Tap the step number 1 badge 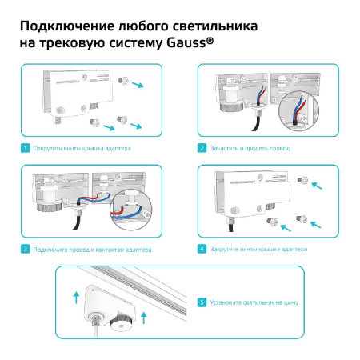(x=26, y=148)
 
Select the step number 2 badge (x=202, y=148)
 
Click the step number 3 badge (x=26, y=250)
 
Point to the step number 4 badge (x=202, y=250)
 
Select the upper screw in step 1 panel (x=122, y=80)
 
